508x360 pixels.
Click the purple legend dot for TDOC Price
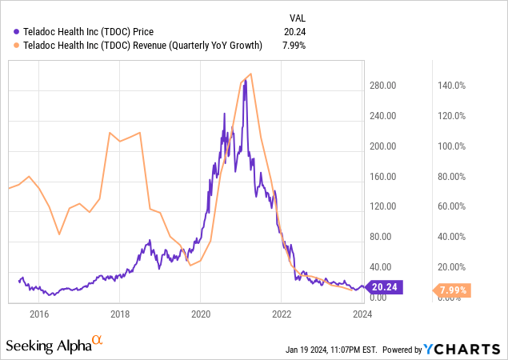8,31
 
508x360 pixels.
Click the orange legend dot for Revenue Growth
8,45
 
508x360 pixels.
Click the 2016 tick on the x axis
39,314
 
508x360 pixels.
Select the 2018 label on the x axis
120,314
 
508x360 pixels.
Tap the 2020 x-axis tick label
201,314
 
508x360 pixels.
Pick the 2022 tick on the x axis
282,314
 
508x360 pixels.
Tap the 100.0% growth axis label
449,146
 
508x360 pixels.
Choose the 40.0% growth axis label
451,237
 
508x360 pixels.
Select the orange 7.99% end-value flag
453,290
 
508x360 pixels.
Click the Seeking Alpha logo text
48,346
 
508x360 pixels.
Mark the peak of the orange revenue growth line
251,74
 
